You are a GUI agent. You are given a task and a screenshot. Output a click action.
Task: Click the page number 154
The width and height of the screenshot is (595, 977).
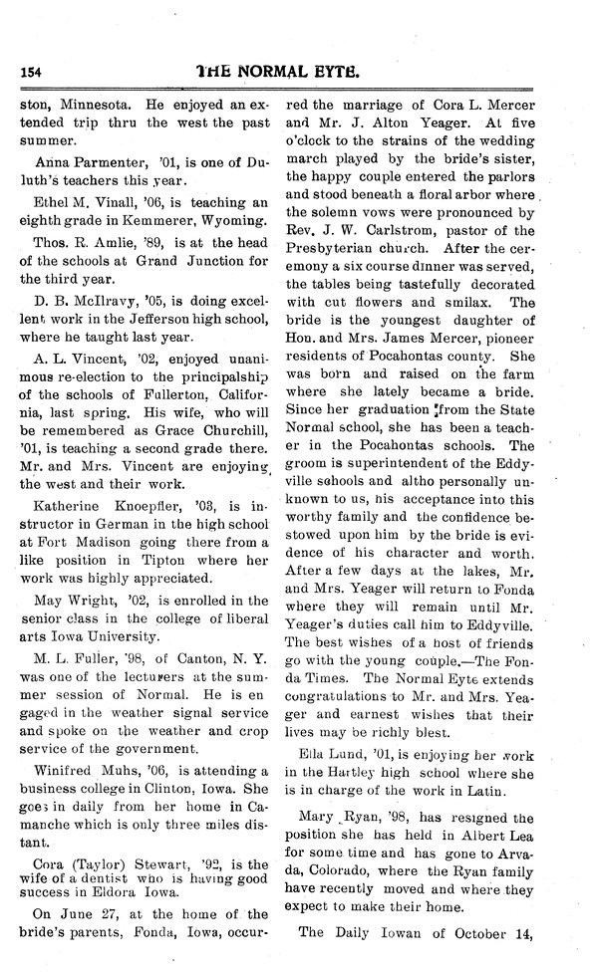pyautogui.click(x=35, y=72)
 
